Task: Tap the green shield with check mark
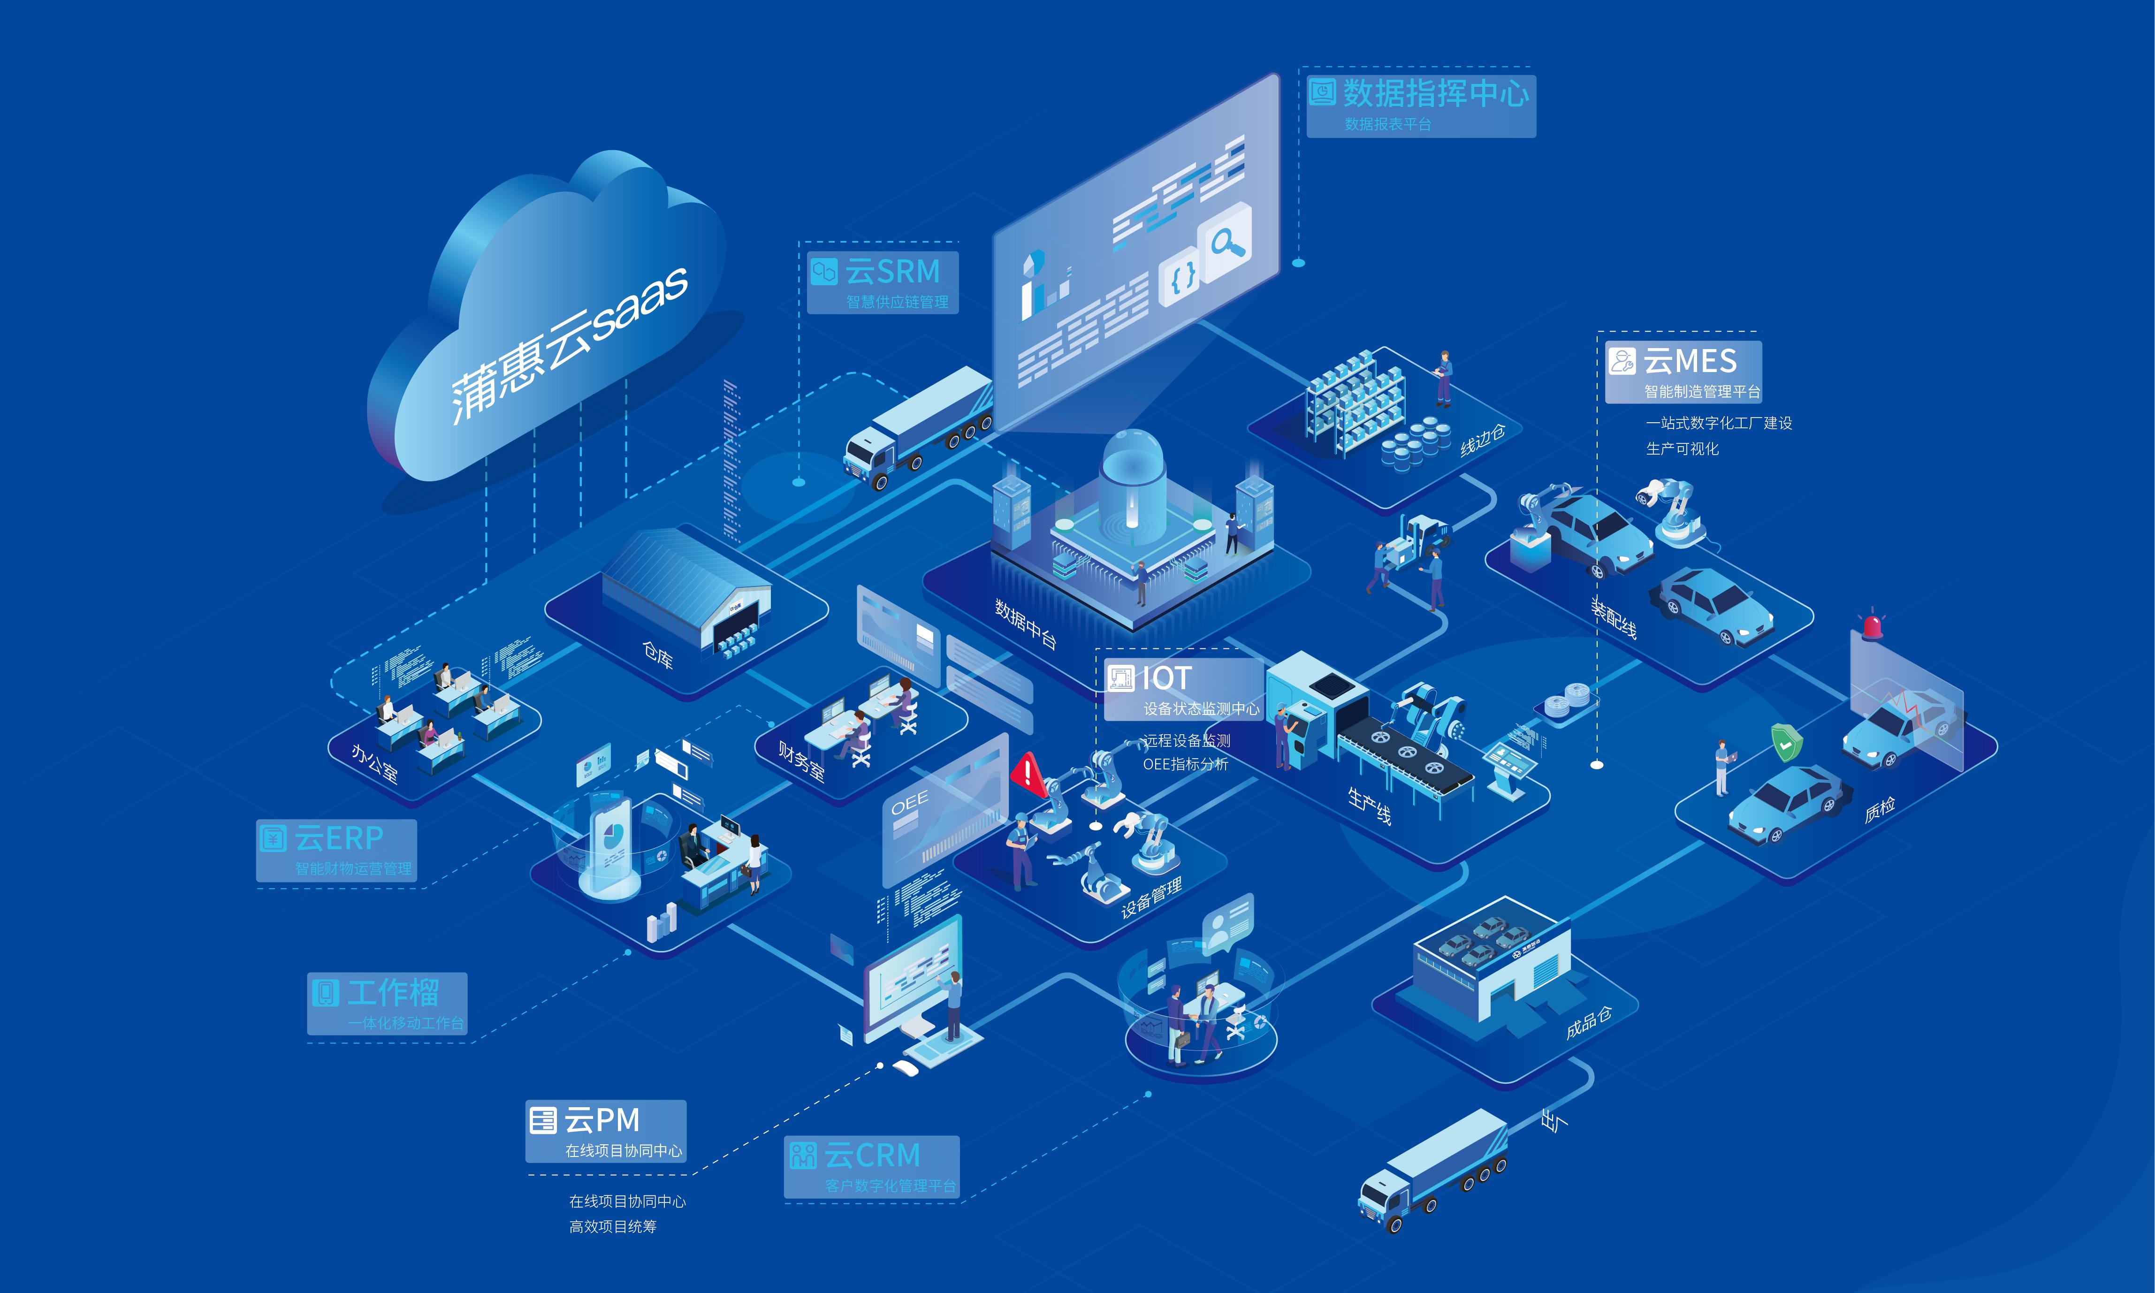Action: tap(1786, 743)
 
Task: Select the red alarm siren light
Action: tap(1872, 625)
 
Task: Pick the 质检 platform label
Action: tap(1880, 809)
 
